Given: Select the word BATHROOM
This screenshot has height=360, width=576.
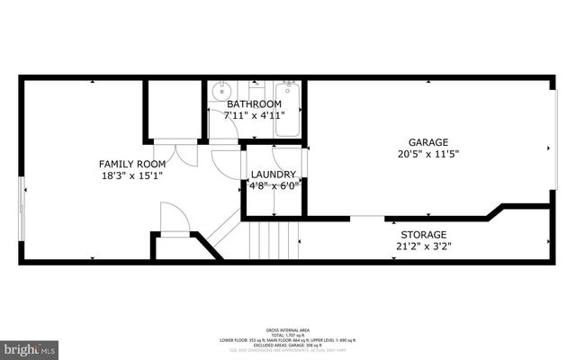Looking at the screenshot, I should (253, 104).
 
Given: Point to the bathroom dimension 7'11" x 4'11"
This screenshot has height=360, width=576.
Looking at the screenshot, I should (253, 116).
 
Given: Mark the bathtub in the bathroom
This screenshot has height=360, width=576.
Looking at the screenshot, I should (289, 111).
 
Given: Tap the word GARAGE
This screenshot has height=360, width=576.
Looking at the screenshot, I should (428, 142).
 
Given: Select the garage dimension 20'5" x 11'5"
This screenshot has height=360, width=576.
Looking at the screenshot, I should (428, 154).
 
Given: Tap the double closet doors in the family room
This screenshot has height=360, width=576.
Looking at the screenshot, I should (185, 153).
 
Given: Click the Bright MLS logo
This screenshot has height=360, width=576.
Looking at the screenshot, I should (29, 347).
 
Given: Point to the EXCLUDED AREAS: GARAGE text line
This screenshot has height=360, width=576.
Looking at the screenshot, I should (287, 345).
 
